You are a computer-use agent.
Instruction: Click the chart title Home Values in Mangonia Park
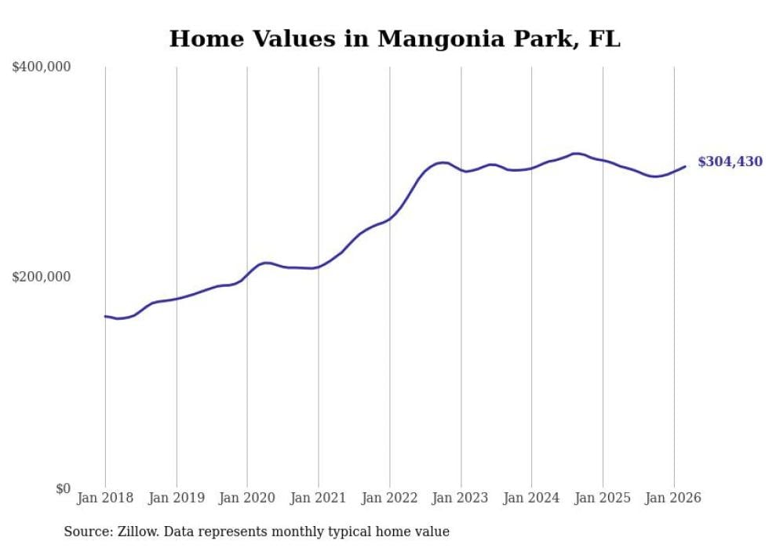(x=395, y=38)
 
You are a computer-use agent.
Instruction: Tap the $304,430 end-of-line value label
(x=730, y=161)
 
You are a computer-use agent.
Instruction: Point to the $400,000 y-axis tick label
(x=42, y=67)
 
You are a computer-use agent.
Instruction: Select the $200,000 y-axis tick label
(x=42, y=277)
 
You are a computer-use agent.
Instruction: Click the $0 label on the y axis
(x=63, y=488)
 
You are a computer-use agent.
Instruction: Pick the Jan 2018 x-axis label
(x=105, y=498)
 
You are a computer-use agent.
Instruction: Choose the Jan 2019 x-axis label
(x=177, y=498)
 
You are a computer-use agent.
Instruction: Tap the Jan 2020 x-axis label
(x=247, y=498)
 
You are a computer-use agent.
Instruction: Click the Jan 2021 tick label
(x=319, y=498)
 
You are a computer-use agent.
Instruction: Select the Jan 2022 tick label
(x=390, y=498)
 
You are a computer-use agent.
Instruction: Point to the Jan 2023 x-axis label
(x=461, y=498)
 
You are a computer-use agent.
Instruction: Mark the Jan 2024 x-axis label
(x=532, y=498)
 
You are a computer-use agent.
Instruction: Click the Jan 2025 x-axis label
(x=603, y=498)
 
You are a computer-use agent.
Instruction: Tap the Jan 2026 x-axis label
(x=674, y=498)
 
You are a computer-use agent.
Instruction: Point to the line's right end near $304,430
(x=685, y=166)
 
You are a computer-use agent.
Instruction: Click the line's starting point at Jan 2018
(x=105, y=316)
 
